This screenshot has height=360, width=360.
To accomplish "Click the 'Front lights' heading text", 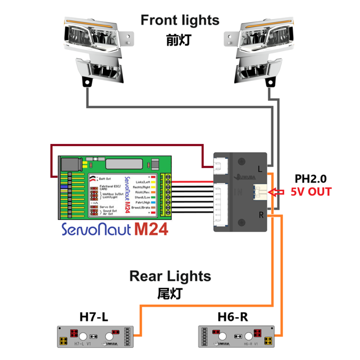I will pos(180,20).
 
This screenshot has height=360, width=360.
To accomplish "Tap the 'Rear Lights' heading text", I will pos(170,275).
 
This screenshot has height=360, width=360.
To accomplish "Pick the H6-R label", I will pos(233,317).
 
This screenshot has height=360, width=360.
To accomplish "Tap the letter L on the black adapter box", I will pos(260,169).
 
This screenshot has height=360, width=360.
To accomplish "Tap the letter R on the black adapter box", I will pos(260,216).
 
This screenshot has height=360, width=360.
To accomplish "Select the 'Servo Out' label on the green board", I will pos(107,207).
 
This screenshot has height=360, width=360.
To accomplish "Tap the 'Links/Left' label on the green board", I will pos(143,181).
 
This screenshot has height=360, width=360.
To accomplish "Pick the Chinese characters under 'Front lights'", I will pos(179,40).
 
